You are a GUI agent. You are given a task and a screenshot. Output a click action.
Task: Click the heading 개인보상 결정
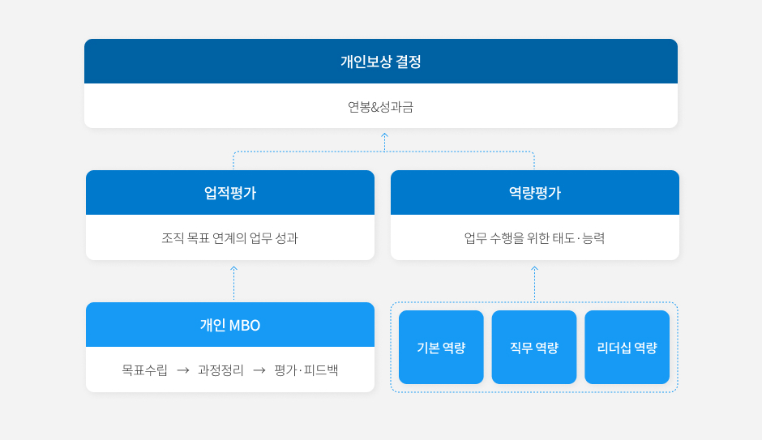380,62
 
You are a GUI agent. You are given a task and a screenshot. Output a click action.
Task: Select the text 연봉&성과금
380,107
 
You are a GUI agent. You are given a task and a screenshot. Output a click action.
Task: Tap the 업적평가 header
230,193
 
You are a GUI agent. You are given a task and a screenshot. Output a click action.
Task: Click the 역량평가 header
534,193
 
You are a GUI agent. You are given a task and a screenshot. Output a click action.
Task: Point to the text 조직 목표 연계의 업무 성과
230,238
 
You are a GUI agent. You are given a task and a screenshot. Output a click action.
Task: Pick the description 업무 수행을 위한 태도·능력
534,238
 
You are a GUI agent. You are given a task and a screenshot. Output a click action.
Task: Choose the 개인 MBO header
230,325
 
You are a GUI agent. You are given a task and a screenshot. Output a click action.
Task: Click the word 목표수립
145,370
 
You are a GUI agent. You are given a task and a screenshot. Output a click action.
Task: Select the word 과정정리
220,370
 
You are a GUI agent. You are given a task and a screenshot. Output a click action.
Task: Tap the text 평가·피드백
306,370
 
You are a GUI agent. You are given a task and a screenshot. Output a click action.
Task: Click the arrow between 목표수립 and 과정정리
182,370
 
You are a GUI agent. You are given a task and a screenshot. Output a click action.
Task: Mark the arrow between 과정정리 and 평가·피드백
259,370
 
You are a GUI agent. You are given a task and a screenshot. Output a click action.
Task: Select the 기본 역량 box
441,348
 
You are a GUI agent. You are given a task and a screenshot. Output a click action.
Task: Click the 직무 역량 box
534,348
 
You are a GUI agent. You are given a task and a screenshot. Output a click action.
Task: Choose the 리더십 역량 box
627,348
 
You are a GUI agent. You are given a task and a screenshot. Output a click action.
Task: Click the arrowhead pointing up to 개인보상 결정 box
384,135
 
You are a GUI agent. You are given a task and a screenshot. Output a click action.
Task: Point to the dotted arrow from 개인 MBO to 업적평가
233,283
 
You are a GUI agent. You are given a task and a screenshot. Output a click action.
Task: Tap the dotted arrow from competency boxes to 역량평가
534,284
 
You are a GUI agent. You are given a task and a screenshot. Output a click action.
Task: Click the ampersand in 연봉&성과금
375,107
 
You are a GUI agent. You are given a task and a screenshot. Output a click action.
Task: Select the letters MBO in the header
245,326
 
